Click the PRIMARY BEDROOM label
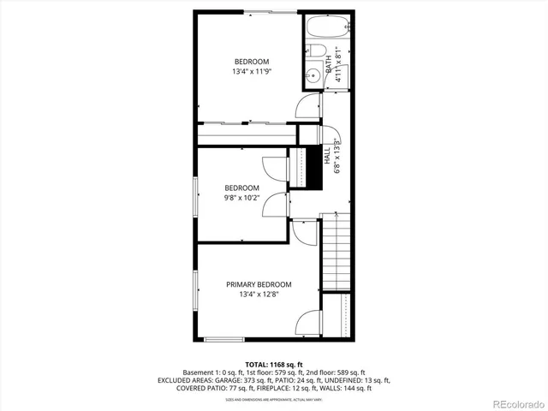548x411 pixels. (259, 284)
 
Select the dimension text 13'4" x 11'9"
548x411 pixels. (252, 72)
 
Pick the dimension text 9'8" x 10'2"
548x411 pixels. (242, 199)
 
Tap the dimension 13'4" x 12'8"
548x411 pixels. (259, 295)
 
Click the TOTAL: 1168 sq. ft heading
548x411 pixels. (273, 364)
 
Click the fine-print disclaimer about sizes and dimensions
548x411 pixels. (273, 399)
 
